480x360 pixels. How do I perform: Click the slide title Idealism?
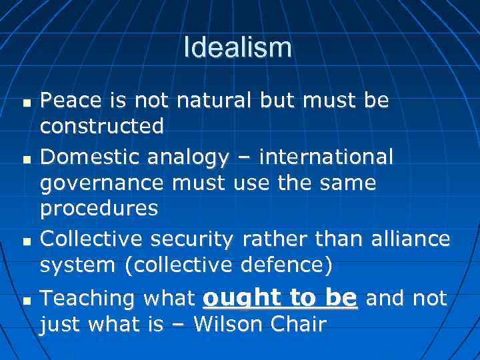click(237, 47)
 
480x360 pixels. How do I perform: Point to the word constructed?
click(101, 125)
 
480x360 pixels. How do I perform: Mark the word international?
click(326, 157)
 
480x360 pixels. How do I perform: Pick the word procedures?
click(99, 209)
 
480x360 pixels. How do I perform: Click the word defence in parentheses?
click(291, 265)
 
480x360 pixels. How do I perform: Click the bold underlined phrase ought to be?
click(279, 298)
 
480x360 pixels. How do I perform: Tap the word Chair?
click(301, 324)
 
